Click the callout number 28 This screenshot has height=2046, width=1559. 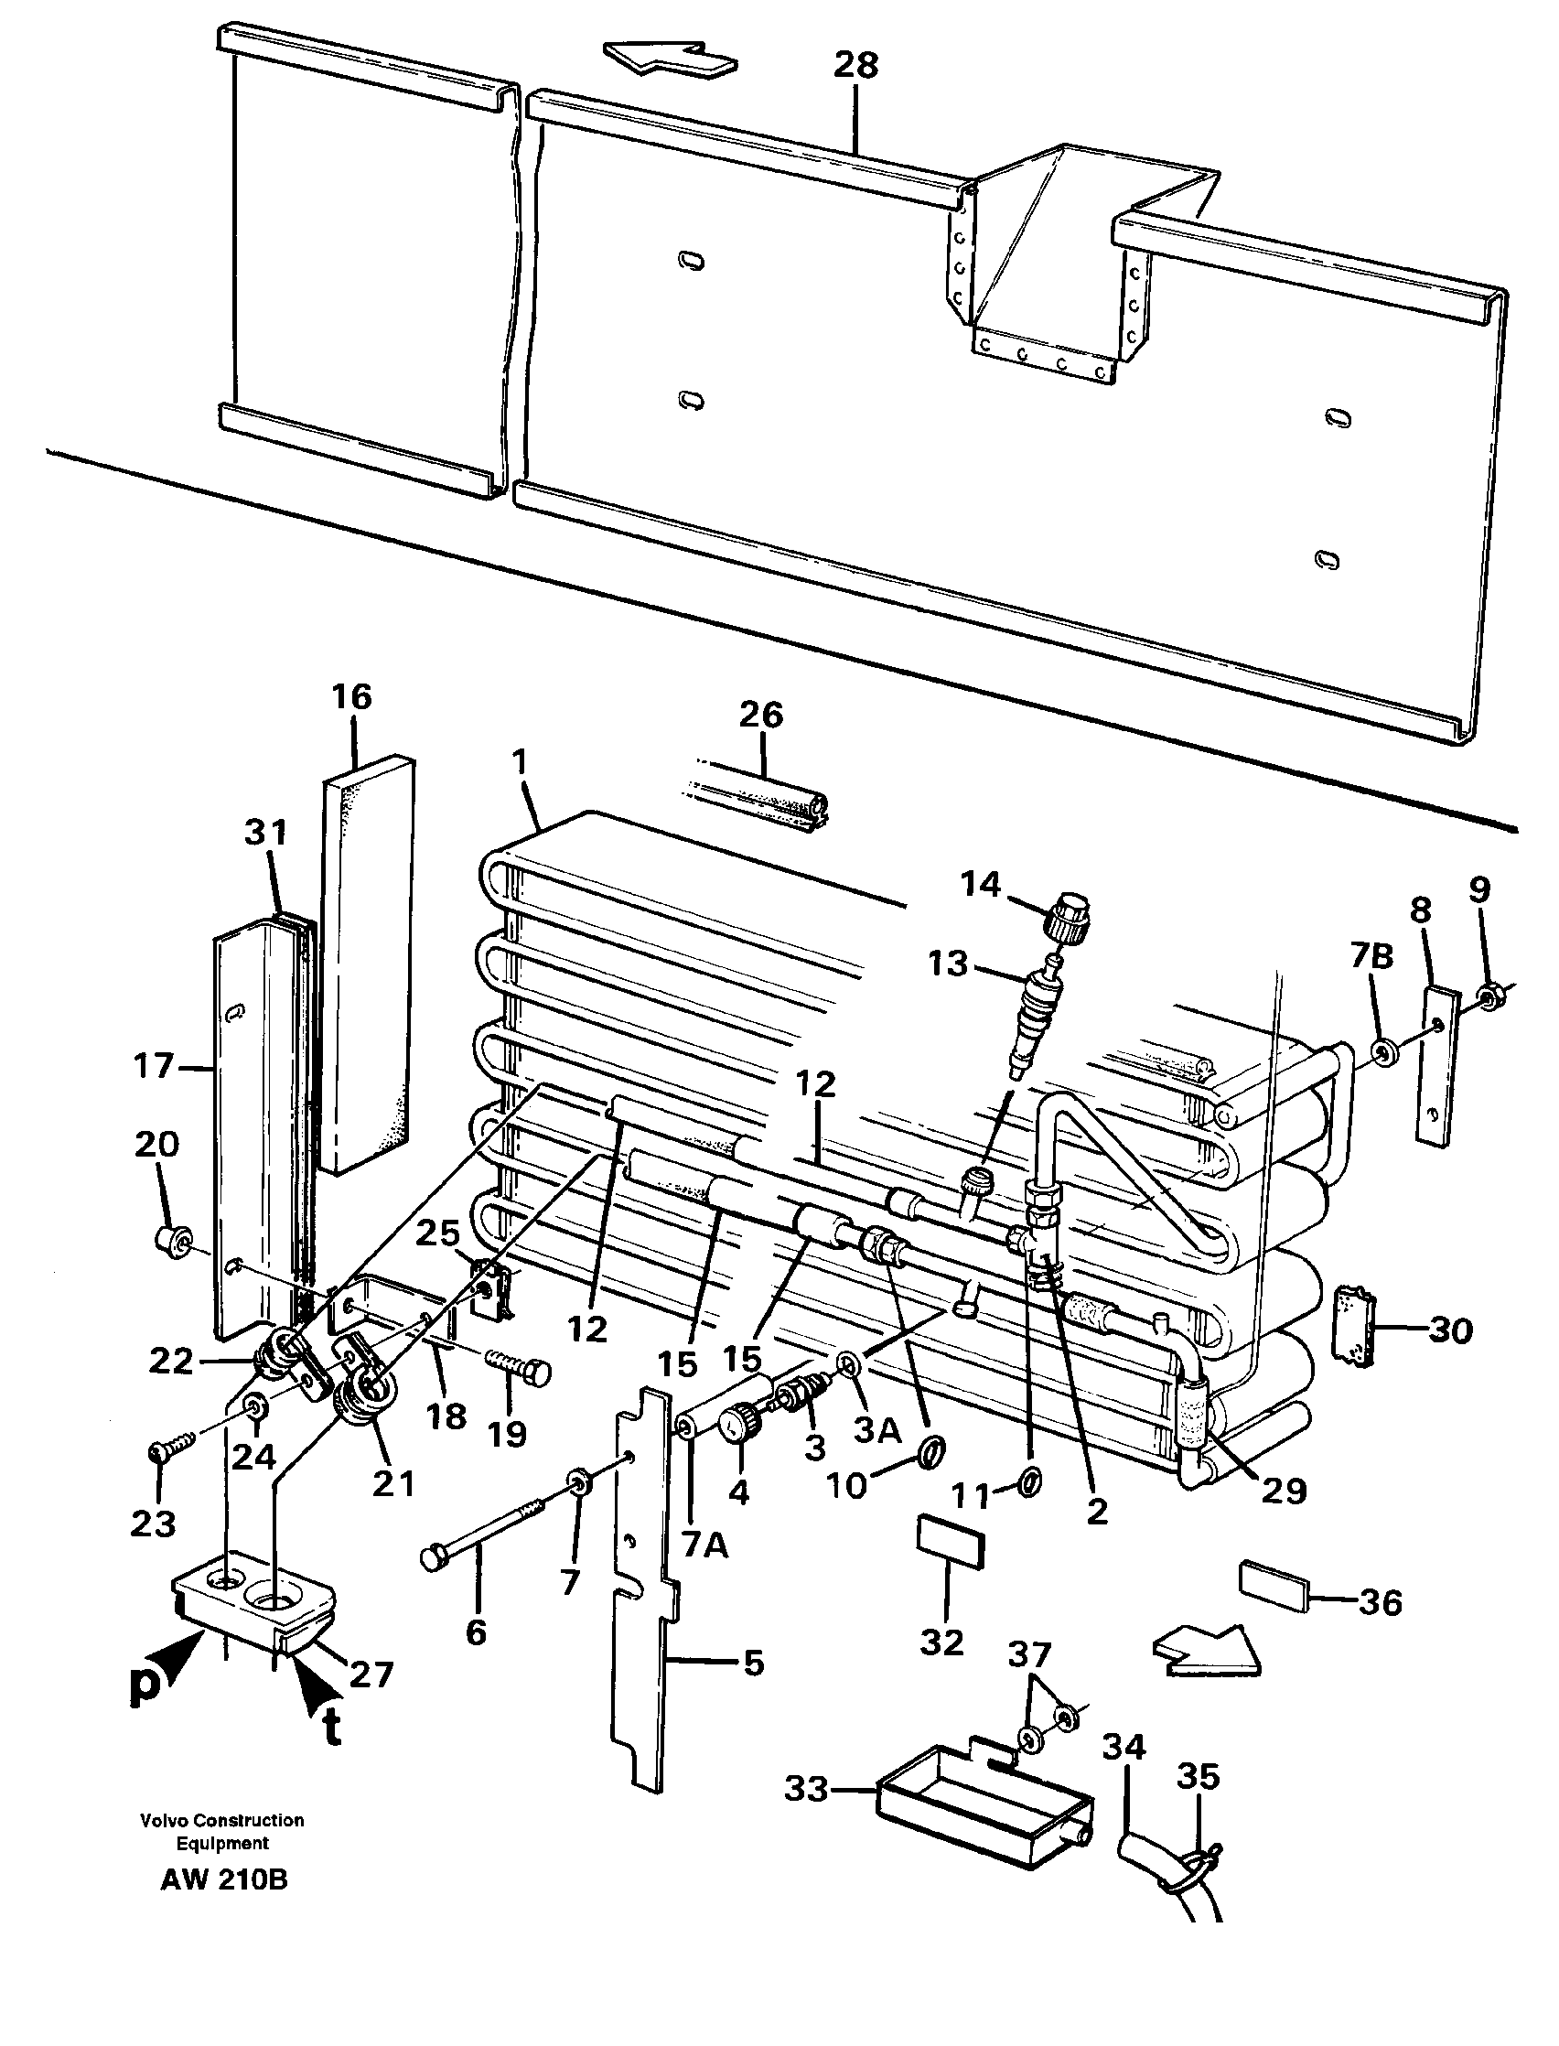(x=855, y=66)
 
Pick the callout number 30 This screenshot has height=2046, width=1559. (x=1450, y=1330)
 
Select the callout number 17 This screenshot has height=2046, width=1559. (x=153, y=1067)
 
